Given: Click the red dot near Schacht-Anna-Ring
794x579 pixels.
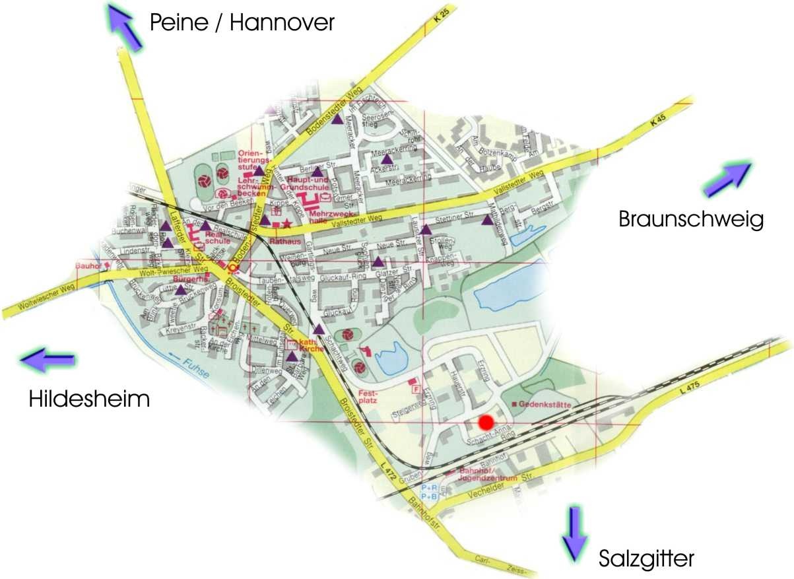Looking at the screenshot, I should [x=486, y=422].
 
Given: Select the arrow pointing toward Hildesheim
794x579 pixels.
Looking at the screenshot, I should [x=47, y=359].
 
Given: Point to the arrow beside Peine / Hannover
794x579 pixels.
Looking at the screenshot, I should [x=125, y=27].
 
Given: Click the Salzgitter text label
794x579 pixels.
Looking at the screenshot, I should [x=646, y=559].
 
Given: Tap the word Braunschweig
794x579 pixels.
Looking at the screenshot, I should [x=690, y=219].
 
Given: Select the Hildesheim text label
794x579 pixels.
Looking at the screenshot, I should [x=89, y=399].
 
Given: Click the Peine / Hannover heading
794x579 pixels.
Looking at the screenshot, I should [x=242, y=23].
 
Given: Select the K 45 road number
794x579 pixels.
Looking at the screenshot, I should [x=655, y=121].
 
